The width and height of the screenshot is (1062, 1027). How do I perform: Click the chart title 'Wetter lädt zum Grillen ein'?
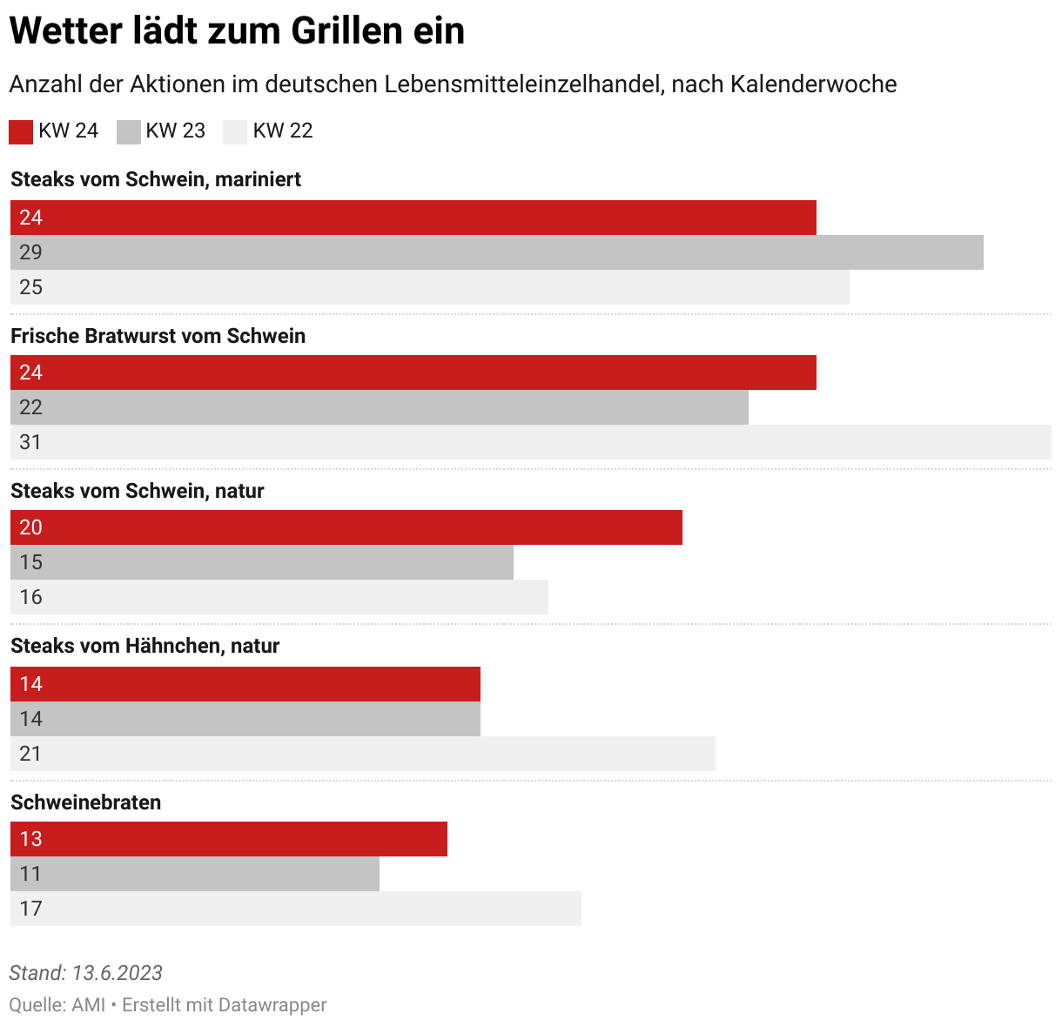tap(237, 31)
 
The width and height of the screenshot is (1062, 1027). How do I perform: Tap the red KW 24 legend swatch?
tap(21, 131)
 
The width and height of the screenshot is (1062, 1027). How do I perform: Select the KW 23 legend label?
tap(175, 131)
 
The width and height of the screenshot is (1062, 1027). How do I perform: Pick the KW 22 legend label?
tap(282, 131)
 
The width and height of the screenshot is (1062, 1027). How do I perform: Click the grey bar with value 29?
tap(496, 252)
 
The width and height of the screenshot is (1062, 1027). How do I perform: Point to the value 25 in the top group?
tap(30, 287)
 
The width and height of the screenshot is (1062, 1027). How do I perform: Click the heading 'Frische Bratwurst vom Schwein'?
tap(158, 336)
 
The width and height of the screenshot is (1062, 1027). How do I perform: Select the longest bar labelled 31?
tap(531, 442)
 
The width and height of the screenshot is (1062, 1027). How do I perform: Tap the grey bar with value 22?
tap(379, 407)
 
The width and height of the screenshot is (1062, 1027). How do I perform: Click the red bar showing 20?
tap(346, 527)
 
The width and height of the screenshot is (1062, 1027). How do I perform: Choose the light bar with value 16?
tap(279, 597)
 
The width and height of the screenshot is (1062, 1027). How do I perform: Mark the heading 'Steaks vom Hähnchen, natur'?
tap(145, 646)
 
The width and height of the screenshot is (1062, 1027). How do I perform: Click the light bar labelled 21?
tap(362, 754)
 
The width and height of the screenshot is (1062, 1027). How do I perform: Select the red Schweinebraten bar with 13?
tap(228, 839)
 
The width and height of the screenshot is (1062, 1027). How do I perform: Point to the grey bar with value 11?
tap(194, 874)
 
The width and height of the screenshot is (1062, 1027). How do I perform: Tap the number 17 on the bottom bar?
tap(30, 909)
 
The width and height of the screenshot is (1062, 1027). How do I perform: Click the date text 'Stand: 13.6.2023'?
tap(85, 973)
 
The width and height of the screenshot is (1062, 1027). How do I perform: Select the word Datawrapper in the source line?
tap(272, 1004)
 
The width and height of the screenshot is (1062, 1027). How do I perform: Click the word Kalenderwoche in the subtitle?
tap(814, 84)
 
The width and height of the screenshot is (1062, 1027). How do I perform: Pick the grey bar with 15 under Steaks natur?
tap(261, 562)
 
